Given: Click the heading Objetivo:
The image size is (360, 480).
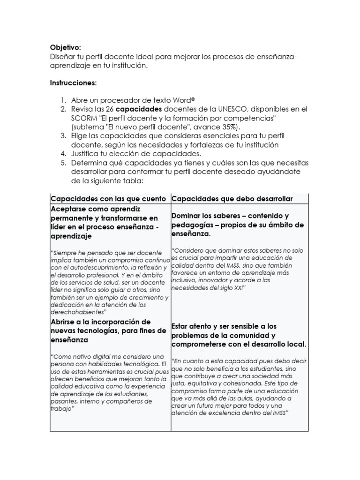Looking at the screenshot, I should [65, 47].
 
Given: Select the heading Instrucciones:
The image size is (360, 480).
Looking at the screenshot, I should [73, 83].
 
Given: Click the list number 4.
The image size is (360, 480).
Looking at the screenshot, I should [63, 154].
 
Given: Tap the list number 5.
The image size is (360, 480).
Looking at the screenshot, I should [63, 163].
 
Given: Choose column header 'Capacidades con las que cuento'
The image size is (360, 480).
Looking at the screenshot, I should [108, 199].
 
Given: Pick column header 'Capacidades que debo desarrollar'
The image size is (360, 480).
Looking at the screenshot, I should [232, 199].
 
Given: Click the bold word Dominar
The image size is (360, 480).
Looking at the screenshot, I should [187, 216].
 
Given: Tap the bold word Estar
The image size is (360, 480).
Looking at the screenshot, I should [181, 326].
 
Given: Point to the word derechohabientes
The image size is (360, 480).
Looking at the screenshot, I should [77, 311].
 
